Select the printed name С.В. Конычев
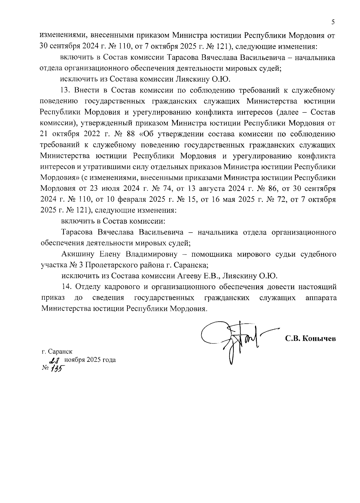(310, 339)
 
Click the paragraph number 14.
(66, 287)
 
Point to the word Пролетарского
(95, 265)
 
